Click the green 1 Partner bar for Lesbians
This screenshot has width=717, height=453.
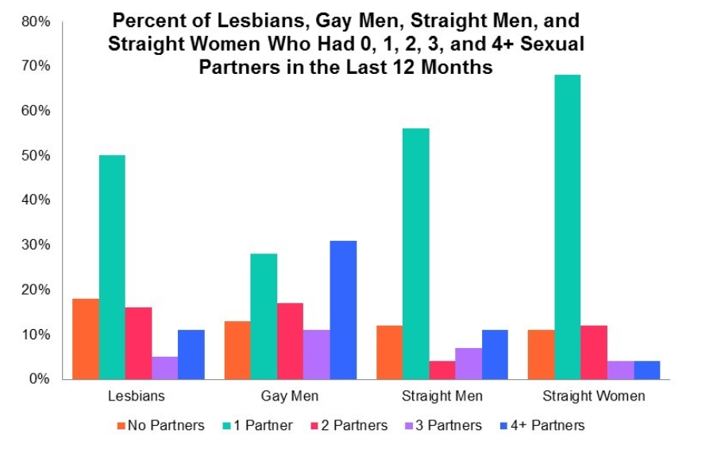pyautogui.click(x=112, y=267)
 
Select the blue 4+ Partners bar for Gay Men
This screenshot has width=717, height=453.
pyautogui.click(x=343, y=310)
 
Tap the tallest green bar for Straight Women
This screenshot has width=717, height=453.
pyautogui.click(x=568, y=226)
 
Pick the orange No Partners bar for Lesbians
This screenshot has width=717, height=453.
pyautogui.click(x=86, y=339)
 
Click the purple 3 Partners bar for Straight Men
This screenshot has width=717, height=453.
pyautogui.click(x=468, y=364)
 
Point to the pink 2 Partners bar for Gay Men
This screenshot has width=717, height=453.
pyautogui.click(x=290, y=341)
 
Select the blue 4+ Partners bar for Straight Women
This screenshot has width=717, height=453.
pyautogui.click(x=646, y=370)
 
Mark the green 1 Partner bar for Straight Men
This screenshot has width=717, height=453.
pyautogui.click(x=415, y=254)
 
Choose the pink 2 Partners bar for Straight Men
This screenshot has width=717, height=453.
pyautogui.click(x=442, y=370)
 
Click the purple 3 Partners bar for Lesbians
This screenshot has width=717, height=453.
pyautogui.click(x=164, y=368)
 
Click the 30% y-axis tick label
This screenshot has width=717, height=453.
pyautogui.click(x=37, y=245)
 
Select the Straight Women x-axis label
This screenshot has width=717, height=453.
pyautogui.click(x=593, y=396)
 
